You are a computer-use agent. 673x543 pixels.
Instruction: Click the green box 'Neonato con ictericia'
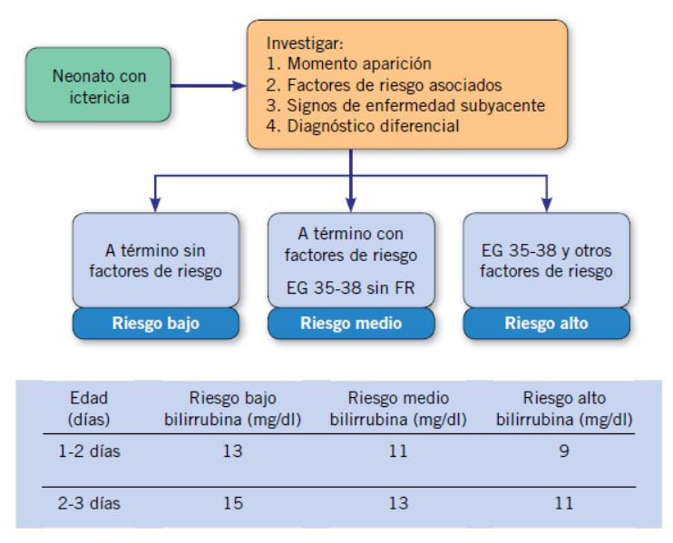[x=98, y=85]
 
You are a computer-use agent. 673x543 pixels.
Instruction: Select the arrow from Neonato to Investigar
[x=209, y=86]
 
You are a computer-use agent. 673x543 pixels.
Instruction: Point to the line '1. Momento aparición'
[x=348, y=63]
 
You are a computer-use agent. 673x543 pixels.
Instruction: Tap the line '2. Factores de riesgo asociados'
[x=384, y=84]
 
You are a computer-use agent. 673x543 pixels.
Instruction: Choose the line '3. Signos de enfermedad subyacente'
[x=405, y=105]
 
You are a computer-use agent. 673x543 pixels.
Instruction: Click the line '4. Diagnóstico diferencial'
[x=363, y=126]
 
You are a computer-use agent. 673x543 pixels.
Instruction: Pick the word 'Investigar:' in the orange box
[x=305, y=43]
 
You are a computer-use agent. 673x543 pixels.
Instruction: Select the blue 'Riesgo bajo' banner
[x=156, y=323]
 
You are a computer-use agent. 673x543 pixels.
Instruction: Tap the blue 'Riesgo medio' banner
[x=351, y=323]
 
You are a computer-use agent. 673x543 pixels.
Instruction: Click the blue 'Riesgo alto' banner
[x=546, y=323]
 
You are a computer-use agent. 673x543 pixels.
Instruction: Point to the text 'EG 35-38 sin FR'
[x=351, y=287]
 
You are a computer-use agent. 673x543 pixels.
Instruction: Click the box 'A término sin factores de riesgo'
[x=156, y=260]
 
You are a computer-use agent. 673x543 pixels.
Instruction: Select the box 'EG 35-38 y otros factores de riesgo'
[x=546, y=260]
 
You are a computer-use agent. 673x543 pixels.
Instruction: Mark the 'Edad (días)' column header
[x=89, y=408]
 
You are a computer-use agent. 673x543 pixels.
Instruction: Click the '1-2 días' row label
[x=89, y=451]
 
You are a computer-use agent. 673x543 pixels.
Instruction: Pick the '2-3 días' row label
[x=89, y=503]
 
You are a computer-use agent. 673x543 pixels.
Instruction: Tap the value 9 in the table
[x=564, y=451]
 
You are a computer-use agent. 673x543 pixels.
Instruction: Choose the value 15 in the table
[x=232, y=503]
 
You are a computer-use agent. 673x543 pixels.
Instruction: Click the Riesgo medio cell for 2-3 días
[x=398, y=503]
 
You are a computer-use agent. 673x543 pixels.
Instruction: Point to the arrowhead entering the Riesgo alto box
[x=546, y=205]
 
